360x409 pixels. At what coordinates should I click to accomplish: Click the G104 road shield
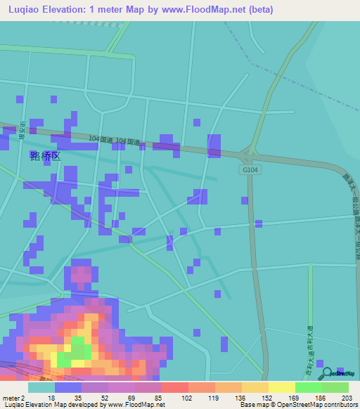tap(250, 170)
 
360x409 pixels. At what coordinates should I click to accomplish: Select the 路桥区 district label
tap(45, 156)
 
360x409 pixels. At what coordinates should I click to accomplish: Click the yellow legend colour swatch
tap(282, 387)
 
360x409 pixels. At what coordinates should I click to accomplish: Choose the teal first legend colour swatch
tap(41, 387)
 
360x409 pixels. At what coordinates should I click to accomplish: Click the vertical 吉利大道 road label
tap(309, 344)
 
